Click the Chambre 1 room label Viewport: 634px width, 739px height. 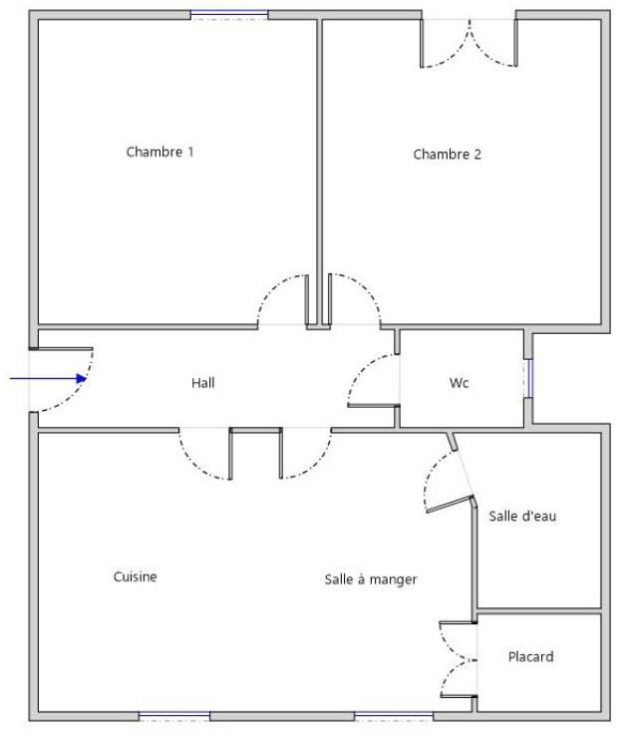159,152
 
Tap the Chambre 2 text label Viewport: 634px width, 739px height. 447,155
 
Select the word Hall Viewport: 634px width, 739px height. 203,383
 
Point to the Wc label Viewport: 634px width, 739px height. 459,383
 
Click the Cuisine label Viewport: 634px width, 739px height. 136,576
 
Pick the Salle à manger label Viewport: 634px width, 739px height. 371,579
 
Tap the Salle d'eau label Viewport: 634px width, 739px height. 522,516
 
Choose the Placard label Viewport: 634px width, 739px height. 531,656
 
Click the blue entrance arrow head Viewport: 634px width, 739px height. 82,378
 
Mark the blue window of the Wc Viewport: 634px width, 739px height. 529,378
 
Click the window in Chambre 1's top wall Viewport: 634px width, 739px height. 229,15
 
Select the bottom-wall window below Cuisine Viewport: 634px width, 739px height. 174,716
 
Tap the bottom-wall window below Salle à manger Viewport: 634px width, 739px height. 394,716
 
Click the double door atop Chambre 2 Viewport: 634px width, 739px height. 470,43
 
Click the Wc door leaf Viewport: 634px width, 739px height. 374,405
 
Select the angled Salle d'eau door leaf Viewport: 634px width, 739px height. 450,504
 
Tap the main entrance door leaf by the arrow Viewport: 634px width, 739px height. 61,349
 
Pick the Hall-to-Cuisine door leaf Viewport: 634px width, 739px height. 231,454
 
